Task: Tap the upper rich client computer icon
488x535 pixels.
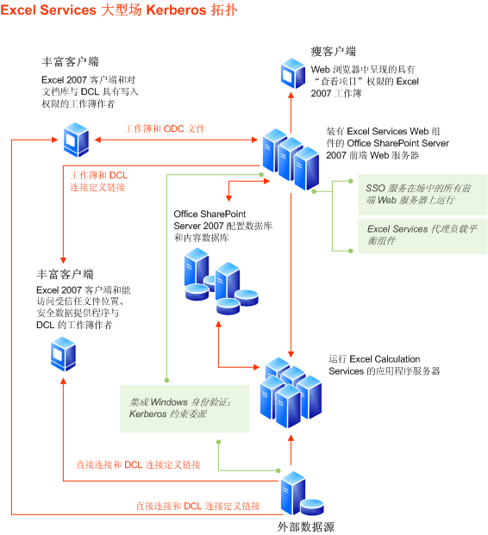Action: tap(76, 135)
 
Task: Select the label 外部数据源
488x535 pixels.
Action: tap(305, 526)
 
